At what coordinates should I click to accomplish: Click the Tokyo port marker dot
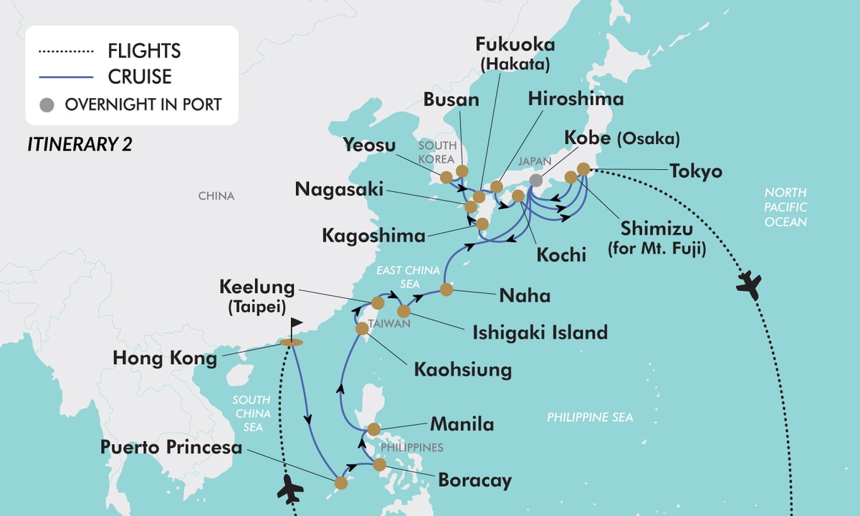pyautogui.click(x=583, y=170)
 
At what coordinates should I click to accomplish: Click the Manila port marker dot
pyautogui.click(x=373, y=430)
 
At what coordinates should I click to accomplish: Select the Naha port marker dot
pyautogui.click(x=446, y=290)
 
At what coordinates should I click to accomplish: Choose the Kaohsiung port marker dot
pyautogui.click(x=362, y=328)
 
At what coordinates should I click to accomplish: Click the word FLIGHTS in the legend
pyautogui.click(x=144, y=52)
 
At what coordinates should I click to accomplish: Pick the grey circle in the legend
pyautogui.click(x=47, y=104)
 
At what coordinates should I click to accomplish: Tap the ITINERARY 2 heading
pyautogui.click(x=80, y=144)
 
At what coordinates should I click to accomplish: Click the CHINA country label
pyautogui.click(x=216, y=196)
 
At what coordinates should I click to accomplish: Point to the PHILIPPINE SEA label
pyautogui.click(x=590, y=417)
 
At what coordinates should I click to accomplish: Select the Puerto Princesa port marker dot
pyautogui.click(x=341, y=483)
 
